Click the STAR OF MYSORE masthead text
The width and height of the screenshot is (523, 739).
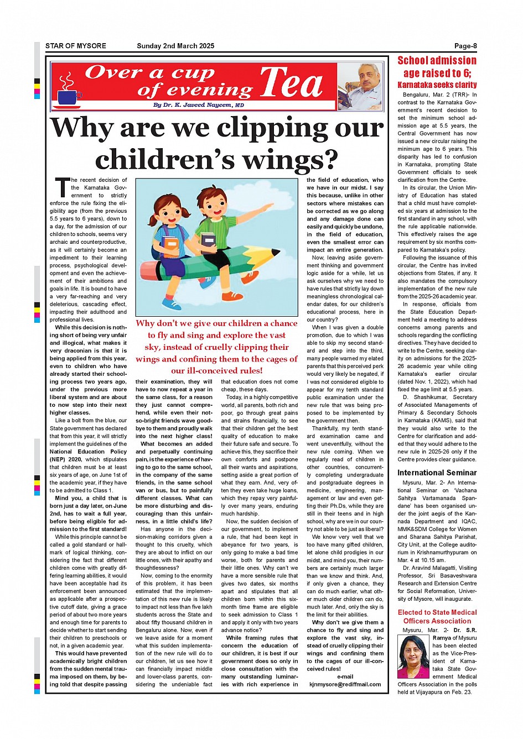[75, 46]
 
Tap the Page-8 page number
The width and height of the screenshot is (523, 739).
[465, 46]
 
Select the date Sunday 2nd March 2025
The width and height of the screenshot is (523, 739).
[175, 46]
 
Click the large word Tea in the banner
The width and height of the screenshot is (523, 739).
[291, 83]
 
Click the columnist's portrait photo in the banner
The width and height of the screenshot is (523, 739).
[360, 87]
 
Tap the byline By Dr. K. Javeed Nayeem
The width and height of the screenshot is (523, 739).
[198, 105]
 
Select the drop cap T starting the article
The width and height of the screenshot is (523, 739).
[62, 188]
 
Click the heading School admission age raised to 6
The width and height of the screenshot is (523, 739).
[437, 67]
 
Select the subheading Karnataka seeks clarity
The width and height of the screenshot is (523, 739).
[437, 85]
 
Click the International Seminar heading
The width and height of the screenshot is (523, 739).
[437, 473]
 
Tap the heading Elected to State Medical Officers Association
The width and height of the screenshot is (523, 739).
[437, 616]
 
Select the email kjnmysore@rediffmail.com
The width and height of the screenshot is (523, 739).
[345, 684]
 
